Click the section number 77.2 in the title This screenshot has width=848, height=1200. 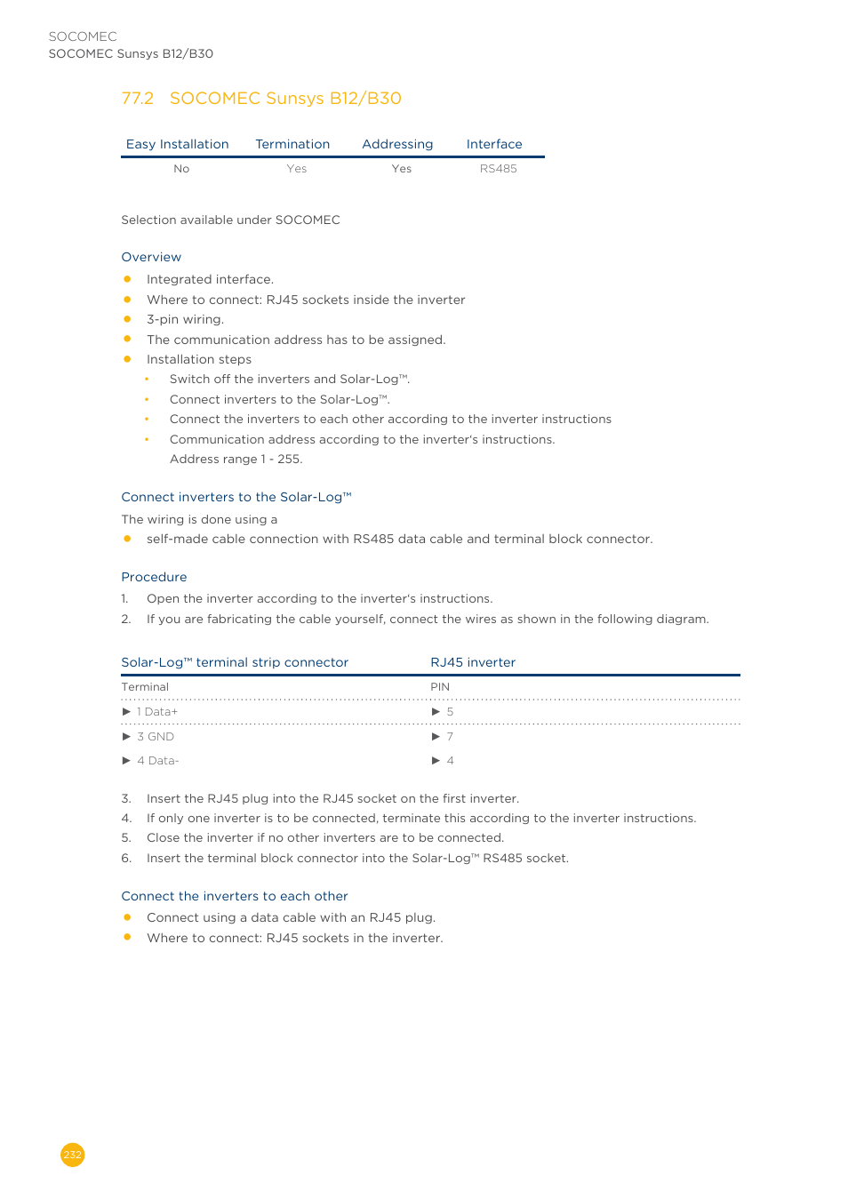click(137, 99)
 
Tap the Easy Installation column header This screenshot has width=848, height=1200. click(177, 144)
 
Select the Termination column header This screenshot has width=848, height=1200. click(292, 144)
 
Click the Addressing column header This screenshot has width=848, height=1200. click(397, 144)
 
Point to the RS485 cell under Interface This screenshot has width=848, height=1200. click(498, 169)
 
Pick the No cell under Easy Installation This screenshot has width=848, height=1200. click(181, 169)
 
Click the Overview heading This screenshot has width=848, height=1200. click(151, 257)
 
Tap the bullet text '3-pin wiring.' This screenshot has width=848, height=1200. click(185, 319)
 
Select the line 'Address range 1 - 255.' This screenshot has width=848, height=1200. click(236, 459)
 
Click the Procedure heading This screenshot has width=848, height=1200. click(154, 577)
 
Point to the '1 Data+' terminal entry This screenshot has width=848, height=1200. click(157, 712)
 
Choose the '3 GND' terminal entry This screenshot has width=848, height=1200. click(156, 737)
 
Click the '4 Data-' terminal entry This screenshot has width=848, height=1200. click(157, 761)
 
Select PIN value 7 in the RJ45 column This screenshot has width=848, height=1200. click(450, 737)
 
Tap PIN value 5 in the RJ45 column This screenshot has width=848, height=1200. click(450, 712)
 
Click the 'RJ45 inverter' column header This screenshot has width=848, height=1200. click(473, 662)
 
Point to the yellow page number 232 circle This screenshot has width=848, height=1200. click(73, 1155)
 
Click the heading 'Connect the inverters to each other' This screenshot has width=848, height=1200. click(235, 896)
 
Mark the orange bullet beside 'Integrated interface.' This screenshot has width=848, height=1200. click(127, 279)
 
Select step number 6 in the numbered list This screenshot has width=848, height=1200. click(126, 858)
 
